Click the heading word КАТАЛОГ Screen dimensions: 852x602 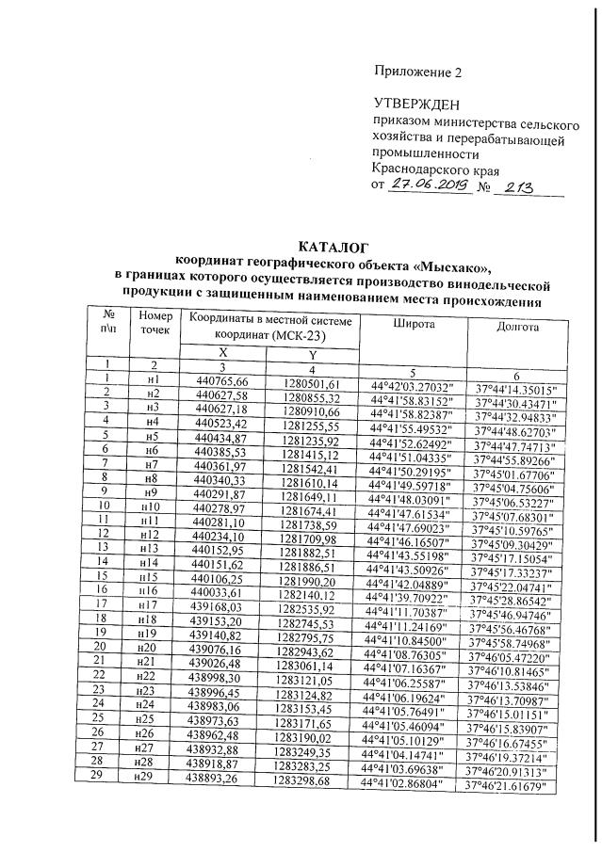click(326, 247)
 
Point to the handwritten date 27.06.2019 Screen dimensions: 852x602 click(434, 187)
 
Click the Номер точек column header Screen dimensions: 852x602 click(155, 323)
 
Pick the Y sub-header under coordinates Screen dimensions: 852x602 click(312, 354)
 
